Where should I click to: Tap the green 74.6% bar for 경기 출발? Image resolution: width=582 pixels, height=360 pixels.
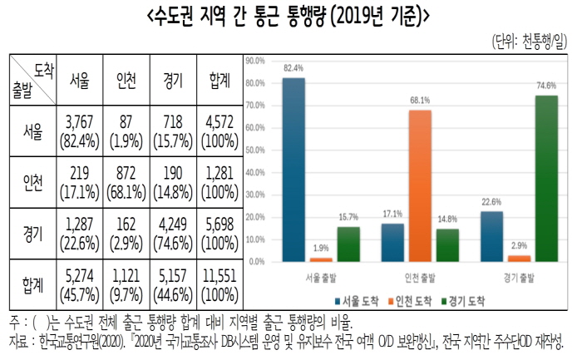tap(545, 178)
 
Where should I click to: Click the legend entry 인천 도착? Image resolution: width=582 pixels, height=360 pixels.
tap(415, 302)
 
